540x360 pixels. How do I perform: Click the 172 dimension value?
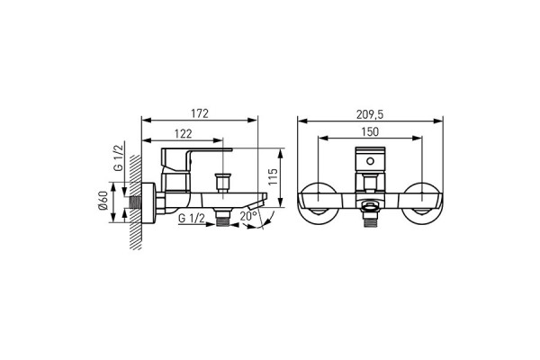click(x=200, y=113)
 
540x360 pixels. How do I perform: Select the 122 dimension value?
click(x=183, y=134)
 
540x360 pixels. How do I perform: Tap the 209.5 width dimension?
click(x=370, y=114)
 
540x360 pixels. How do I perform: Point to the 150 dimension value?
click(x=370, y=131)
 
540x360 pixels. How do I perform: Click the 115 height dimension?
click(x=273, y=176)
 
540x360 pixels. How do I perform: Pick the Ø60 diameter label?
click(x=103, y=200)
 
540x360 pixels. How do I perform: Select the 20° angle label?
click(x=248, y=216)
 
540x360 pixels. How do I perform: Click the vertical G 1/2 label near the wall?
click(x=118, y=157)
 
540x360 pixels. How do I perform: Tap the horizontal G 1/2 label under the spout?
click(x=192, y=218)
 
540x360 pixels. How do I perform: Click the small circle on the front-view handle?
click(x=370, y=161)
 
